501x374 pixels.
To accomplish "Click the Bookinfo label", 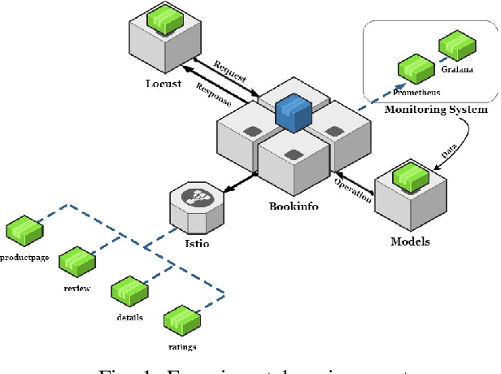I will click(294, 207).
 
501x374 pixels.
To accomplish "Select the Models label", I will click(411, 241).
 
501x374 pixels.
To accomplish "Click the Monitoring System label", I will click(436, 110).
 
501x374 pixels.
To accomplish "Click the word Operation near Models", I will click(352, 189).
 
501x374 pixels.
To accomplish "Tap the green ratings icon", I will click(181, 322).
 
